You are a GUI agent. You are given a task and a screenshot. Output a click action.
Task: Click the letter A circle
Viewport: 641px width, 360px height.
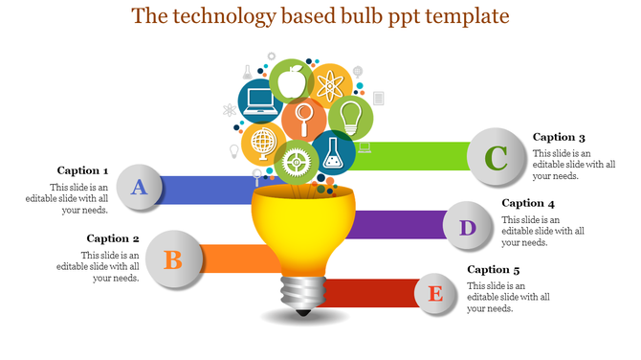pos(140,187)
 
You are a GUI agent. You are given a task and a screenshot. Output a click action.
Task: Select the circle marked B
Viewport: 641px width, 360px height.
pos(173,259)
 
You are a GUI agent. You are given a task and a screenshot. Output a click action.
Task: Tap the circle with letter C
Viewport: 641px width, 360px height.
pos(497,157)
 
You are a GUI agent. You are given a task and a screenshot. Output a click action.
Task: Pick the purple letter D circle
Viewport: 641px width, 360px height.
pos(467,228)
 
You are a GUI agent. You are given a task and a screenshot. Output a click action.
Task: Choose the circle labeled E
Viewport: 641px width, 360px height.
pos(435,293)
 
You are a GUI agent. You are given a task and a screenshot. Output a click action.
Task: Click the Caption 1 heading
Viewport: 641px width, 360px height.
pos(82,170)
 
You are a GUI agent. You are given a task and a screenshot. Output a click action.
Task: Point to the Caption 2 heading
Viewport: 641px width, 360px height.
pos(113,238)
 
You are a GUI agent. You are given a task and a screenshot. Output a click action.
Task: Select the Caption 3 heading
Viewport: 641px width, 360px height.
pos(559,137)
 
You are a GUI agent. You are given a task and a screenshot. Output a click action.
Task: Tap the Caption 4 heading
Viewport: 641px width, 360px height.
pos(528,203)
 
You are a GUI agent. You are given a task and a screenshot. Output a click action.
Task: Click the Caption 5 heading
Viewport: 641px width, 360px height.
pos(494,270)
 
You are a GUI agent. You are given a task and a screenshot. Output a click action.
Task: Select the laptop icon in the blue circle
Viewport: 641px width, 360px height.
pos(259,101)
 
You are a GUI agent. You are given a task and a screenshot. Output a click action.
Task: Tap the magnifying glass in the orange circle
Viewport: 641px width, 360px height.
pos(304,120)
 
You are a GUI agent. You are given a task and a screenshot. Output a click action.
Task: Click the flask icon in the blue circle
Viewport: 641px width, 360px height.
pos(333,151)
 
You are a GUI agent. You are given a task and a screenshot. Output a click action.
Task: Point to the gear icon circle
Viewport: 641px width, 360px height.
pos(296,162)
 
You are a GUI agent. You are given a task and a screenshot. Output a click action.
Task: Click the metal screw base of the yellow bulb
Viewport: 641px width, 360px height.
pos(302,294)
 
